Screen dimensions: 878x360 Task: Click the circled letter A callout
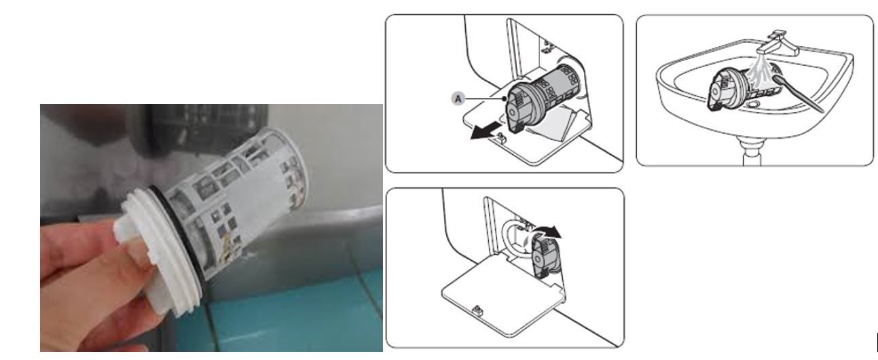[458, 98]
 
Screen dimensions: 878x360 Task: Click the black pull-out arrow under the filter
[486, 131]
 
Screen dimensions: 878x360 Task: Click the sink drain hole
[752, 105]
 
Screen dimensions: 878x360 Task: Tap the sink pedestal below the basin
[752, 151]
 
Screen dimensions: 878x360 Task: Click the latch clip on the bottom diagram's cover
[478, 311]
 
